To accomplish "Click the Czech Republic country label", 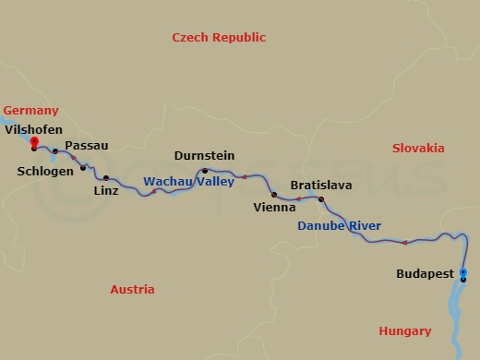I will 219,38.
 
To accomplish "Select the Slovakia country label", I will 417,149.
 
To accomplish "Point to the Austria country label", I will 132,289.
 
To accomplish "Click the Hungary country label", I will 404,331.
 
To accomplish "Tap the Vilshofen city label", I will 33,130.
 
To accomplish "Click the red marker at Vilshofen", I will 34,141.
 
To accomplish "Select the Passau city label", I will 87,146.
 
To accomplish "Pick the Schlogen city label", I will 43,171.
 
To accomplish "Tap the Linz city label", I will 106,191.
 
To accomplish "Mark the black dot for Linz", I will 106,178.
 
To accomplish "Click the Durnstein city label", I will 204,156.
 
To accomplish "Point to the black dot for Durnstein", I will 205,171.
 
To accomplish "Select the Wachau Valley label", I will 188,182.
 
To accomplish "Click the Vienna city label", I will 274,208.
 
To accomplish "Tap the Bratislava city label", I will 320,186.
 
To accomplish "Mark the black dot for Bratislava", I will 321,199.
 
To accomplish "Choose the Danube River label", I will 339,226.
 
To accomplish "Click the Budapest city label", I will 425,274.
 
